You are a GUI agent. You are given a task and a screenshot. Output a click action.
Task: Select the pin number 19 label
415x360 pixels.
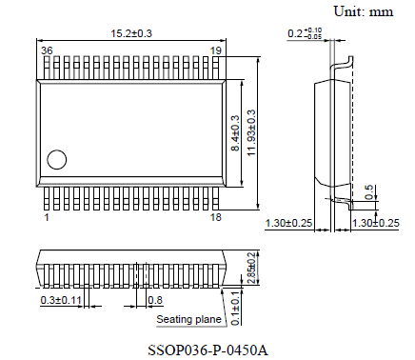point(216,50)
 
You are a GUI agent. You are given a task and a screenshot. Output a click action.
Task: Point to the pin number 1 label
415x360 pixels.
point(46,218)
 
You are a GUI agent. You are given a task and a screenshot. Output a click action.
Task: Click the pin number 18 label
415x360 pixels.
point(215,218)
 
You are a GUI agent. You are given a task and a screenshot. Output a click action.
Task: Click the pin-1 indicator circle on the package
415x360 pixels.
point(58,160)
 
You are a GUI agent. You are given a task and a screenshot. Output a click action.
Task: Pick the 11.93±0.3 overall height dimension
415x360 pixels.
point(252,131)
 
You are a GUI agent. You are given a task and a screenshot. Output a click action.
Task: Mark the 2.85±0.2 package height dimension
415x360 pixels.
point(250,268)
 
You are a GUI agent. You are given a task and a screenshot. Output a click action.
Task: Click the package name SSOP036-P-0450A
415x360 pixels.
point(207,350)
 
